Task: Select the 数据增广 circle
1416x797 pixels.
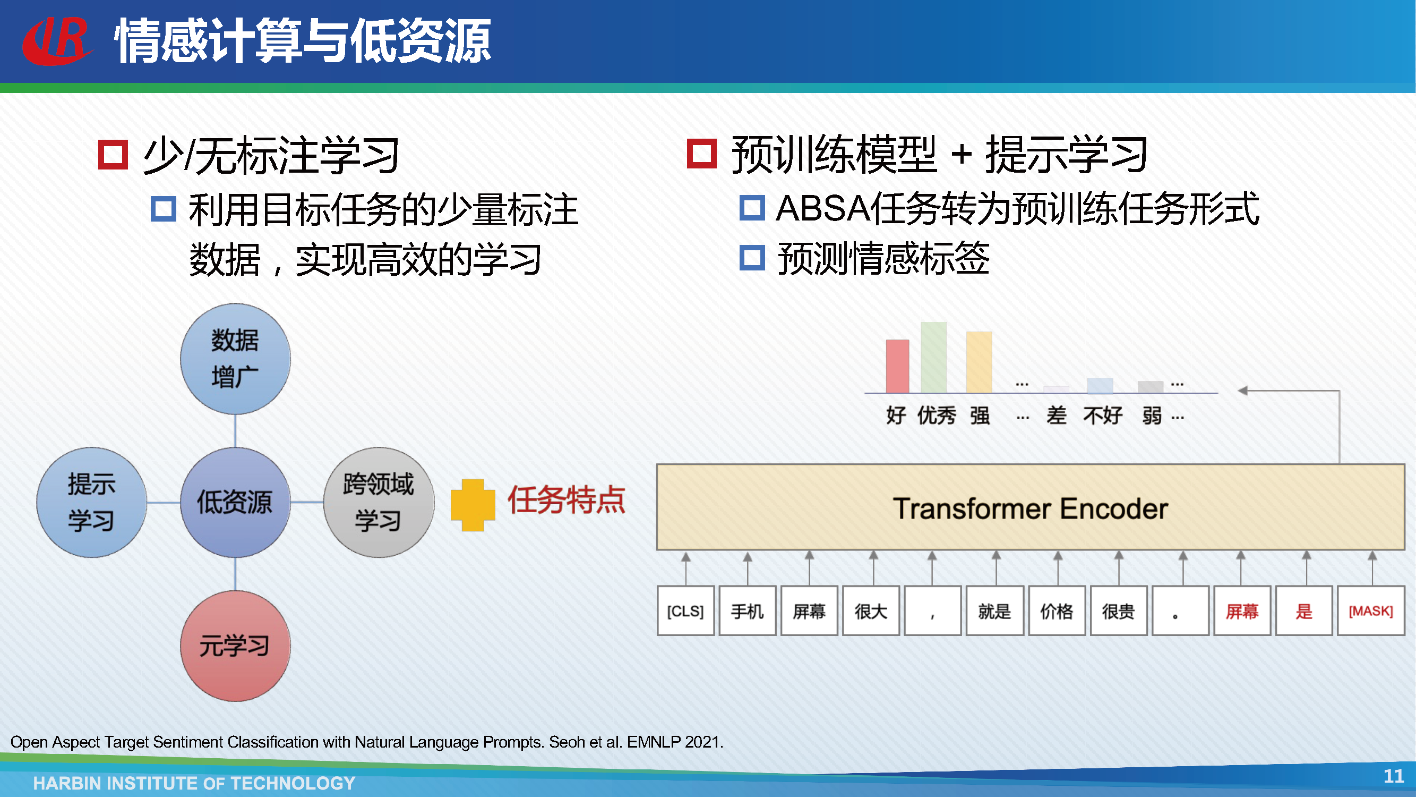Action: coord(235,359)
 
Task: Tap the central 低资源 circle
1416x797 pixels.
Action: coord(235,502)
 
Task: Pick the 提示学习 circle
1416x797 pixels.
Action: coord(92,502)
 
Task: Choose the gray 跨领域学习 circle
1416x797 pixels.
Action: coord(379,502)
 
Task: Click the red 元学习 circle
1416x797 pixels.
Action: coord(235,646)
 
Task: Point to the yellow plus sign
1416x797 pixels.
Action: coord(473,505)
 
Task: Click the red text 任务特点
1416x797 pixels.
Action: coord(566,500)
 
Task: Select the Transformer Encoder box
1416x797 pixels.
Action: coord(1031,507)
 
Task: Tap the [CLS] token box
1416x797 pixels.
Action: coord(685,611)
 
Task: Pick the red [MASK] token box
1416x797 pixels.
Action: coord(1371,611)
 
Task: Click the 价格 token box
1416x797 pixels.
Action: coord(1057,611)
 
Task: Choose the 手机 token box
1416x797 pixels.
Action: coord(748,611)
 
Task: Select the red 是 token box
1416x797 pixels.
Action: coord(1304,611)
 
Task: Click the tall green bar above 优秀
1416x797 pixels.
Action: coord(933,358)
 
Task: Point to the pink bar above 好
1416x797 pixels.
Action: coord(898,366)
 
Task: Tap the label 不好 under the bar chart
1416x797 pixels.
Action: coord(1103,416)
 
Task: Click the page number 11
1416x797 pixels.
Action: coord(1394,776)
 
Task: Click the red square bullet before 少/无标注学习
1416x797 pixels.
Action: coord(113,154)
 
